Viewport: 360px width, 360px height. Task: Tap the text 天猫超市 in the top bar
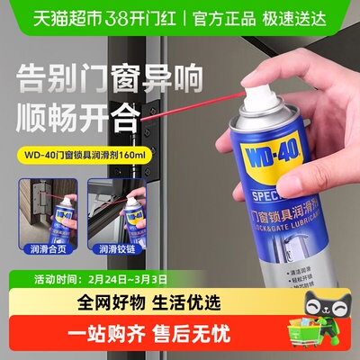pos(41,14)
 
